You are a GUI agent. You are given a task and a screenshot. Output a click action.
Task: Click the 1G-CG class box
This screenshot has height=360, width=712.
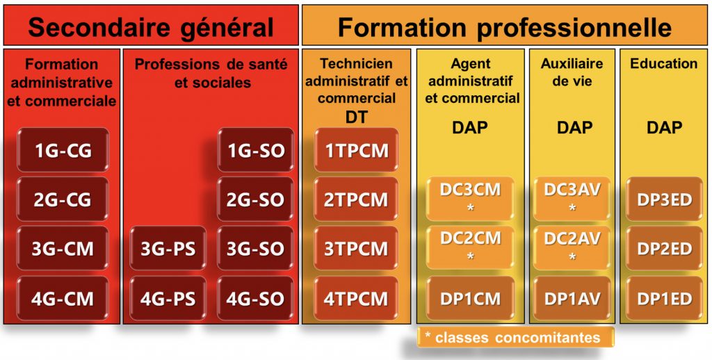[x=63, y=150]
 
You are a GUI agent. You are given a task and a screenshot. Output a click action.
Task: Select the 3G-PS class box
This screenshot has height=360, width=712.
[x=168, y=248]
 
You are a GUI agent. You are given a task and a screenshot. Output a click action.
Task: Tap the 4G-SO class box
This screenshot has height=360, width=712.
[x=256, y=298]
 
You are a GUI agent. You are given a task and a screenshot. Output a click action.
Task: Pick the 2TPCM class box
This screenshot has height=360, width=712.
[x=356, y=199]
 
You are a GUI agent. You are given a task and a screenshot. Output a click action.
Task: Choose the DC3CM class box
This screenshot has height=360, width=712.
[x=470, y=199]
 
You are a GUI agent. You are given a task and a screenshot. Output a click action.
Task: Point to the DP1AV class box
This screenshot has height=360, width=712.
[x=572, y=298]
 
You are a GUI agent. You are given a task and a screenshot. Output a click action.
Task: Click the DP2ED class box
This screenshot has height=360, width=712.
[x=664, y=248]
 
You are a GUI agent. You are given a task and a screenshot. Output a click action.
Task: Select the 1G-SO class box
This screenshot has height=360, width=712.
[x=256, y=150]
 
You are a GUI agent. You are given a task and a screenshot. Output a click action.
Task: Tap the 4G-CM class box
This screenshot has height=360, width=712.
[x=63, y=298]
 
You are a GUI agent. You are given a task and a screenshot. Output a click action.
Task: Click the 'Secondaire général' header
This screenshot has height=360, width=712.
[x=151, y=26]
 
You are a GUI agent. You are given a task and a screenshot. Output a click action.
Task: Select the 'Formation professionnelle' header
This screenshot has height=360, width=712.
[x=505, y=26]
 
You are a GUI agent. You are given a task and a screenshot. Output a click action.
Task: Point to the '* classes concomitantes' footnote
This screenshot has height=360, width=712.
[x=515, y=337]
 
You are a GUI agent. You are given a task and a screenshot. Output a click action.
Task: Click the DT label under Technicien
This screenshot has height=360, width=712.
[x=356, y=117]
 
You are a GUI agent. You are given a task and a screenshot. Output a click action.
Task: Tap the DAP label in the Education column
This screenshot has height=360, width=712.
[x=664, y=128]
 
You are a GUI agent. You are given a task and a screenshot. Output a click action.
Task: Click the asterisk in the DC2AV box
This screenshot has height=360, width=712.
[x=572, y=257]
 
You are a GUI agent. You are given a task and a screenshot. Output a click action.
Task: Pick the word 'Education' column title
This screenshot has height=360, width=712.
[x=664, y=63]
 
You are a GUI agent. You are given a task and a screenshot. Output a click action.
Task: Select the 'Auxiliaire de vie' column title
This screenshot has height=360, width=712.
[x=572, y=72]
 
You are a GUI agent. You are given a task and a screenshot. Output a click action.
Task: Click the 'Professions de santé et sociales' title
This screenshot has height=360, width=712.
[x=211, y=73]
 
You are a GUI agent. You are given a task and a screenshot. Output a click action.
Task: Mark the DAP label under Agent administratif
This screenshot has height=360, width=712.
[x=470, y=128]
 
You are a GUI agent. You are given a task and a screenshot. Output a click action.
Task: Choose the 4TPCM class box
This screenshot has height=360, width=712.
[x=356, y=298]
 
